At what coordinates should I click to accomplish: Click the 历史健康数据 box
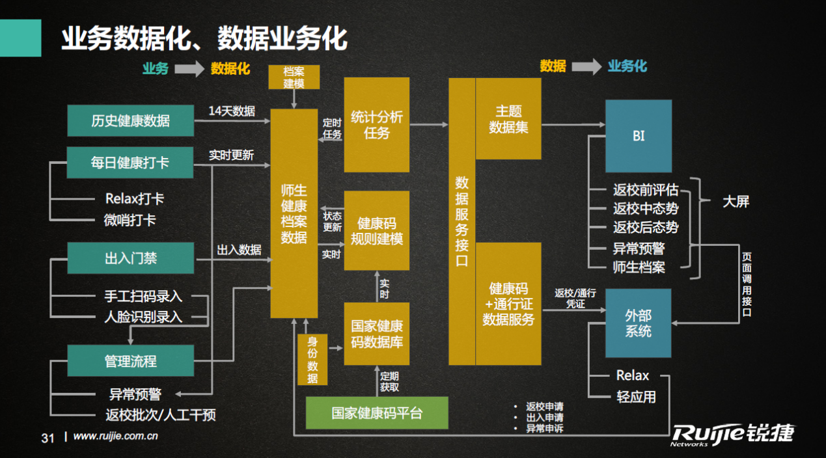pyautogui.click(x=130, y=120)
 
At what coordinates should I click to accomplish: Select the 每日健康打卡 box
pyautogui.click(x=130, y=162)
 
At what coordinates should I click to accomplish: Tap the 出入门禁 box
pyautogui.click(x=130, y=258)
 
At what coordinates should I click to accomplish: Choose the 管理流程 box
pyautogui.click(x=130, y=360)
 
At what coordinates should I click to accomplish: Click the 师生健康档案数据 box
pyautogui.click(x=294, y=213)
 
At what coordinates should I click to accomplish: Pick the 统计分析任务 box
pyautogui.click(x=376, y=124)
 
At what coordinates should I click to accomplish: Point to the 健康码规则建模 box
pyautogui.click(x=376, y=230)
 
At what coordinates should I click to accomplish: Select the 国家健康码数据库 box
pyautogui.click(x=376, y=334)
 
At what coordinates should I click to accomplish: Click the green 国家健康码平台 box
pyautogui.click(x=377, y=413)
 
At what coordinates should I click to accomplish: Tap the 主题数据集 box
pyautogui.click(x=508, y=119)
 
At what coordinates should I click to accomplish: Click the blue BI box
pyautogui.click(x=638, y=136)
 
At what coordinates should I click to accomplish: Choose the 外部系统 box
pyautogui.click(x=638, y=323)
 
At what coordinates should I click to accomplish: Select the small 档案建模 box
pyautogui.click(x=294, y=77)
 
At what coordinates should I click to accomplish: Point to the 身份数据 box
pyautogui.click(x=312, y=360)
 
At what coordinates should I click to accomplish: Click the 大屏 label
pyautogui.click(x=736, y=202)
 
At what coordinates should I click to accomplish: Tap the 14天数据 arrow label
pyautogui.click(x=232, y=111)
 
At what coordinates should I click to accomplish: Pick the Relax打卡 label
pyautogui.click(x=134, y=199)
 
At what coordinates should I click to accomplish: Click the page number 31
pyautogui.click(x=48, y=438)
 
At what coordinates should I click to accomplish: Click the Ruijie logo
pyautogui.click(x=734, y=434)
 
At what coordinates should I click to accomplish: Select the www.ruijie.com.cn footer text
pyautogui.click(x=116, y=437)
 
